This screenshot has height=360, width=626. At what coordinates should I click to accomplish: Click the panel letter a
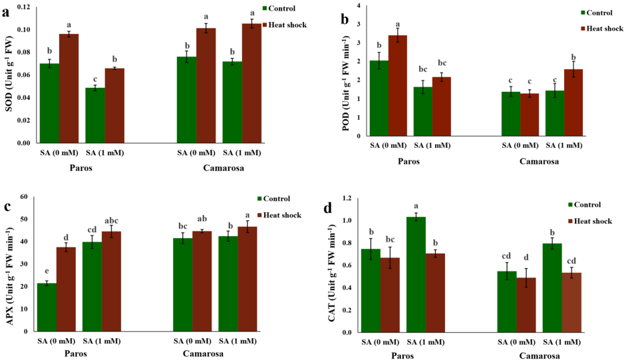tap(8, 11)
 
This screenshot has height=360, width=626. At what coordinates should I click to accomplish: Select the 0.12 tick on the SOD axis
tap(23, 7)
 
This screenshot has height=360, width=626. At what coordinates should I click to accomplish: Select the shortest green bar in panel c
tap(47, 307)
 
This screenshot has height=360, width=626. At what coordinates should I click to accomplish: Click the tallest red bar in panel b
tap(398, 85)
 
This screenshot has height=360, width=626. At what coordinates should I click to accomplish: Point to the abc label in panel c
tap(111, 221)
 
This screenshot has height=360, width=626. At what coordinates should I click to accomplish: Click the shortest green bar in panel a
tap(95, 115)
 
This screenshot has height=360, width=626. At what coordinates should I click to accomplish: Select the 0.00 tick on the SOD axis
tap(23, 142)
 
